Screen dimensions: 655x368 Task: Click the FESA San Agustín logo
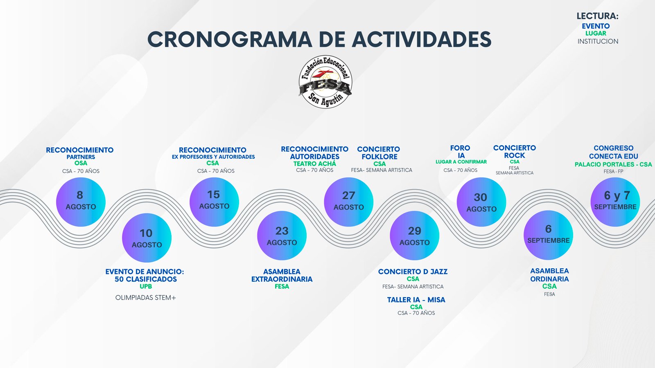[325, 81]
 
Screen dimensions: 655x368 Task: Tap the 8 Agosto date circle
[81, 202]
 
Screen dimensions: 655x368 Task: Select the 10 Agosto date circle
[147, 238]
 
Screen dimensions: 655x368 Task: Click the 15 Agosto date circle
[214, 202]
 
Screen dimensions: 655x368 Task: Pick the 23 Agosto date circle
[282, 236]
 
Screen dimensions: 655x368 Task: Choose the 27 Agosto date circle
[348, 202]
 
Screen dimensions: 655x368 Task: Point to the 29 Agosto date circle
[414, 236]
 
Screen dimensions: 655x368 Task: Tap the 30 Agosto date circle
[481, 202]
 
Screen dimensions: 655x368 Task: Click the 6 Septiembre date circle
[548, 235]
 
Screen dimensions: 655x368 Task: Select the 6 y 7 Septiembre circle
[615, 202]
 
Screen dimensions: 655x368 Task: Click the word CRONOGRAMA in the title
[230, 39]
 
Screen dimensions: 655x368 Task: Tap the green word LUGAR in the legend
[596, 33]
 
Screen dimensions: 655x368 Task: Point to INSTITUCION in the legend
[598, 41]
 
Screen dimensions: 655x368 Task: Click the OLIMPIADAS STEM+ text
[146, 298]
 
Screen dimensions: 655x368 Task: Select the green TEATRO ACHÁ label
[315, 164]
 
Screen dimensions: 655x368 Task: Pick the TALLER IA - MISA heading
[416, 300]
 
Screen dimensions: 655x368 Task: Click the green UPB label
[146, 287]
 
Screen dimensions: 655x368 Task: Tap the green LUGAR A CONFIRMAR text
[461, 162]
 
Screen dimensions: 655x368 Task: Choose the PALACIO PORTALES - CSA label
[613, 164]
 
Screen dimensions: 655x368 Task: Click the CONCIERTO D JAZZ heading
[413, 272]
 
